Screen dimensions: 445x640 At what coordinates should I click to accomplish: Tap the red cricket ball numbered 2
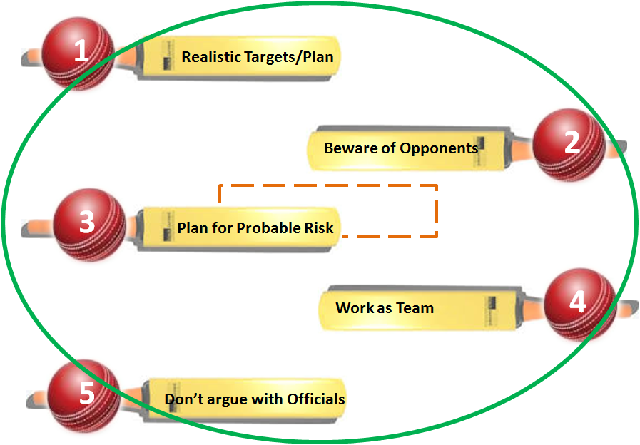coord(569,143)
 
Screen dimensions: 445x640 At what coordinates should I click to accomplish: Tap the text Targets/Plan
coord(289,57)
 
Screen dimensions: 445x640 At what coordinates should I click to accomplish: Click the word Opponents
coord(439,148)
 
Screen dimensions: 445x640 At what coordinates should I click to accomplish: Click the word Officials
coord(316,399)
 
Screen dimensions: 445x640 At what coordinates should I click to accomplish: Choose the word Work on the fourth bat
coord(355,309)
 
